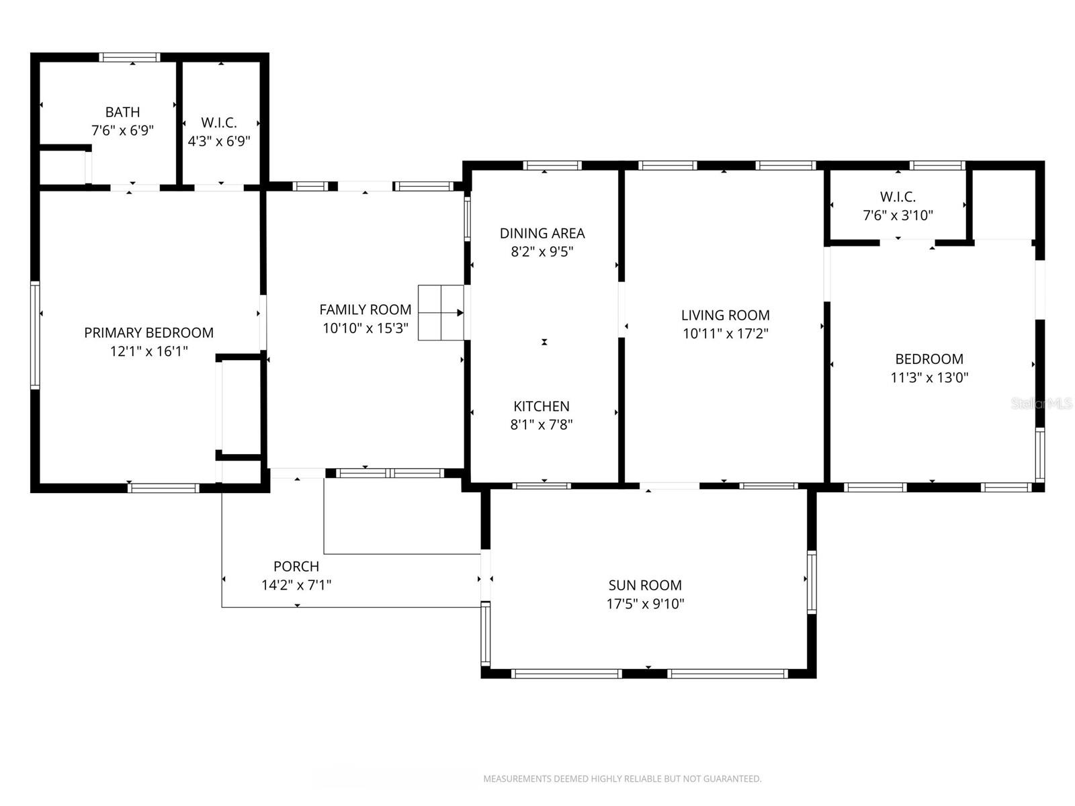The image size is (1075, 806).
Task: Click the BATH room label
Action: click(122, 112)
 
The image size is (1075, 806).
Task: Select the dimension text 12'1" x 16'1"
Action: click(148, 351)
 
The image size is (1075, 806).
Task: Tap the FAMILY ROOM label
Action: click(365, 310)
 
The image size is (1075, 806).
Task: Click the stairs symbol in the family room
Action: click(441, 312)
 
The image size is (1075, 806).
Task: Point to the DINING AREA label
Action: click(542, 233)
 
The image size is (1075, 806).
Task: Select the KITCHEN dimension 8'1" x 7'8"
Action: click(542, 424)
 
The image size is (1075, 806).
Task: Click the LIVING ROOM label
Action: click(725, 315)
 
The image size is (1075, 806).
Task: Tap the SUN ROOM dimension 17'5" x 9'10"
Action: click(645, 604)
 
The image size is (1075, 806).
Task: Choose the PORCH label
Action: click(296, 566)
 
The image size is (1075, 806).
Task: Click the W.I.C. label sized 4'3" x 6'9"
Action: click(219, 123)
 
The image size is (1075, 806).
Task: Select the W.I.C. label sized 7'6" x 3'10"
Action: click(898, 197)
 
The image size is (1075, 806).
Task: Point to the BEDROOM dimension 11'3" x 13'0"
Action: click(929, 377)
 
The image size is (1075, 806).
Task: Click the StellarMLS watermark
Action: click(1041, 404)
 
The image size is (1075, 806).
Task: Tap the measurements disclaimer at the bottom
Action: click(622, 779)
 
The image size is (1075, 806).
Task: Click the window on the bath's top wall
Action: click(130, 58)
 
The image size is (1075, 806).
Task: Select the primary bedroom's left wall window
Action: click(35, 335)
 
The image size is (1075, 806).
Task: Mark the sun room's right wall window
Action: click(811, 582)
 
